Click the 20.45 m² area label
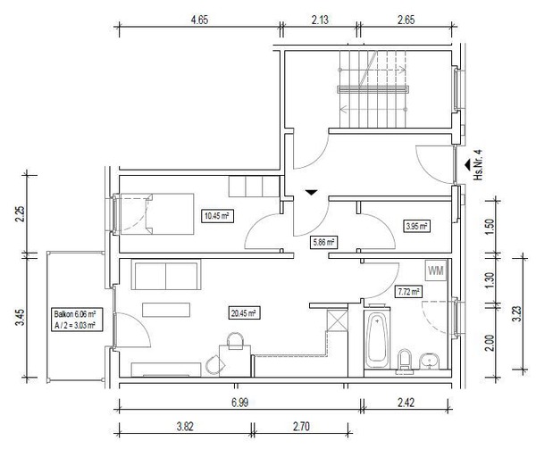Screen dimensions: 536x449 244,312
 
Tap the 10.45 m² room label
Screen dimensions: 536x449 217,216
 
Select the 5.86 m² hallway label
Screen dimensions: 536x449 323,243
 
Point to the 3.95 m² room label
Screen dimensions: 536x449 416,226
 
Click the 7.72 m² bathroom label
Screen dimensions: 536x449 408,292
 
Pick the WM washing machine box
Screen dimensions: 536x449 436,270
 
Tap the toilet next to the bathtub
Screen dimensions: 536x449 405,361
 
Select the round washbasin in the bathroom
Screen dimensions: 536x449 430,361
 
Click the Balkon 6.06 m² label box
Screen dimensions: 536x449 75,320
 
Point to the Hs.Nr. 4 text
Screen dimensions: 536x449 478,164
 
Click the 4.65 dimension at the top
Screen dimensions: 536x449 199,20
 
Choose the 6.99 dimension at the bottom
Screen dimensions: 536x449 239,403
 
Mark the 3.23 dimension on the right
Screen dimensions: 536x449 517,313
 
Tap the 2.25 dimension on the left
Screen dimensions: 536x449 21,214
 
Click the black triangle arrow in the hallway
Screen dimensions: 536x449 311,192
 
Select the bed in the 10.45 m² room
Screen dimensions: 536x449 156,214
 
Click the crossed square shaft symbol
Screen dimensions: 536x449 337,320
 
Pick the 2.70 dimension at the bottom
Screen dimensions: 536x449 301,427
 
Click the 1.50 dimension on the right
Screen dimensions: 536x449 490,227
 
